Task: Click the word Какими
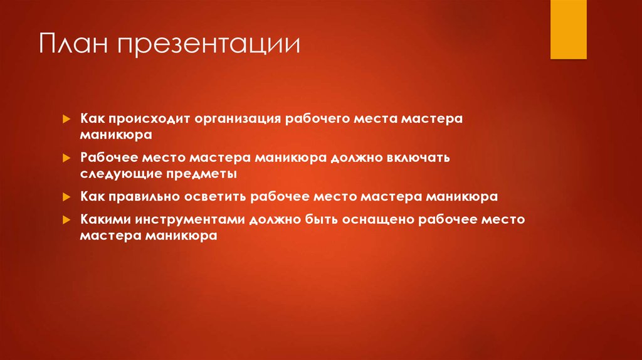pos(103,220)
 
